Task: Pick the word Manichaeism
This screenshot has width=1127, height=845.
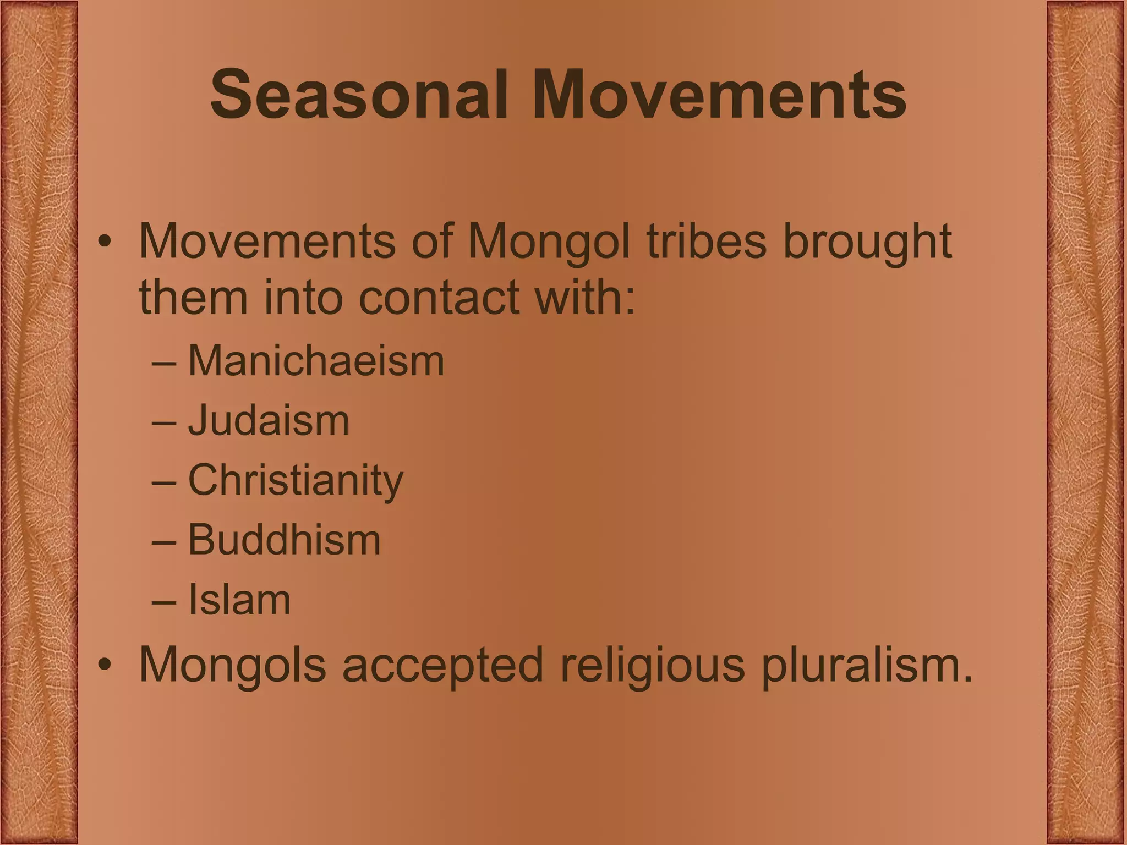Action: tap(316, 361)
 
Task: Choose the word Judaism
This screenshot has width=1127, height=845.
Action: tap(269, 421)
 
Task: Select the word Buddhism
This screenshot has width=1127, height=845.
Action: tap(284, 540)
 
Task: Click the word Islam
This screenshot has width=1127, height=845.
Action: tap(239, 600)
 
